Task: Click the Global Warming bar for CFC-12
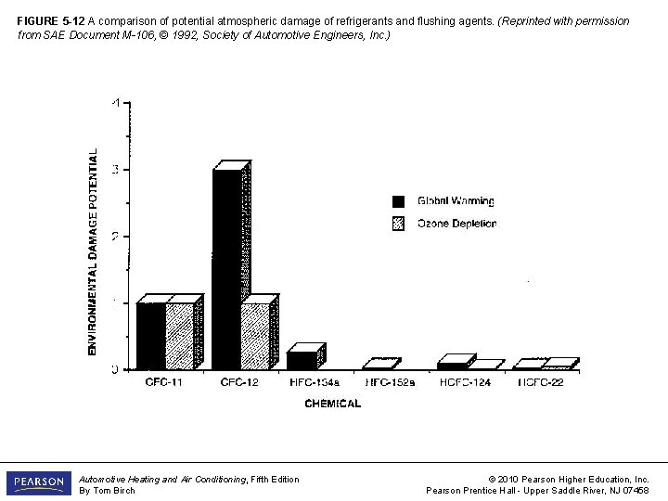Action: point(226,269)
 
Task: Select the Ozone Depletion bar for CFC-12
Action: point(255,336)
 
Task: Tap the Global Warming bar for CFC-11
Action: point(150,336)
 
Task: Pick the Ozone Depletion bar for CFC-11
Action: point(180,336)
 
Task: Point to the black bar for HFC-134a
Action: point(302,360)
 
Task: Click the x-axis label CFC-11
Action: point(164,382)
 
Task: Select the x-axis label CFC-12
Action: point(239,382)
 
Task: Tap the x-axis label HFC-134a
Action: point(314,382)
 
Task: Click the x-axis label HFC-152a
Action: point(390,382)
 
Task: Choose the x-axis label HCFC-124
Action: point(465,382)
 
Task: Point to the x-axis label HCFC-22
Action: point(540,382)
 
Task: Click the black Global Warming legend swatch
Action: point(399,201)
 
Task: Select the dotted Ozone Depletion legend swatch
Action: point(399,224)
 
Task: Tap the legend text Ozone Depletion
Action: point(456,224)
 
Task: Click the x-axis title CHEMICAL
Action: point(332,404)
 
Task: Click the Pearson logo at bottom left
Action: point(38,483)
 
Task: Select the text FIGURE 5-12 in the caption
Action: point(51,21)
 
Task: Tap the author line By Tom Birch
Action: point(107,491)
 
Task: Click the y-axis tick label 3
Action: point(116,170)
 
